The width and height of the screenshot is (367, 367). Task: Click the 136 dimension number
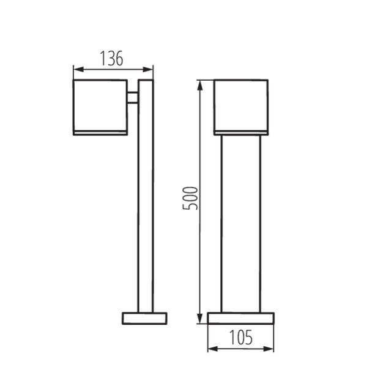point(112,58)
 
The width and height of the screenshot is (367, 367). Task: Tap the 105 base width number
point(240,338)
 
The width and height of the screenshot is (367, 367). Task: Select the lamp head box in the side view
point(100,104)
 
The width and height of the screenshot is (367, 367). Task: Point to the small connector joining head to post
point(133,98)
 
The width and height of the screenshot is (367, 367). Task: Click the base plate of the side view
point(144,318)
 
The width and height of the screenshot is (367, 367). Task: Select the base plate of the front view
point(240,318)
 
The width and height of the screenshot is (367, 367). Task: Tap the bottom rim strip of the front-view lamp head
point(240,132)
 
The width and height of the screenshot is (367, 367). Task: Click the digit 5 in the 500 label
point(191,207)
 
